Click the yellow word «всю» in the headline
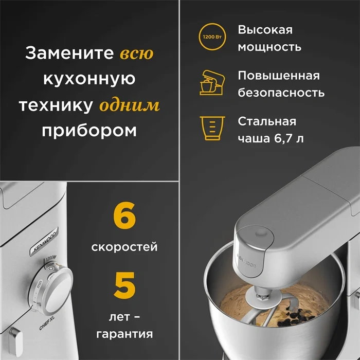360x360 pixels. click(137, 53)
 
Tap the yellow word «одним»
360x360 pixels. click(130, 105)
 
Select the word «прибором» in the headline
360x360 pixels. click(89, 131)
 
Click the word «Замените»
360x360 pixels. click(69, 53)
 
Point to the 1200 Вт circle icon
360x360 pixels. click(212, 37)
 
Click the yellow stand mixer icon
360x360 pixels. click(212, 82)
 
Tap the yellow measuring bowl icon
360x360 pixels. click(212, 128)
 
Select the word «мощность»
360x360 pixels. click(269, 47)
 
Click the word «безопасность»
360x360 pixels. click(281, 92)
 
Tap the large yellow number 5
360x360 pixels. click(124, 285)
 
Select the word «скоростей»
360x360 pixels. click(124, 247)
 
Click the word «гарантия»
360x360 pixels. click(124, 334)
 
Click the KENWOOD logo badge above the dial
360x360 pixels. click(44, 242)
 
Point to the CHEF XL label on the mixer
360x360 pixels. click(47, 323)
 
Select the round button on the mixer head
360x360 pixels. click(261, 233)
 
